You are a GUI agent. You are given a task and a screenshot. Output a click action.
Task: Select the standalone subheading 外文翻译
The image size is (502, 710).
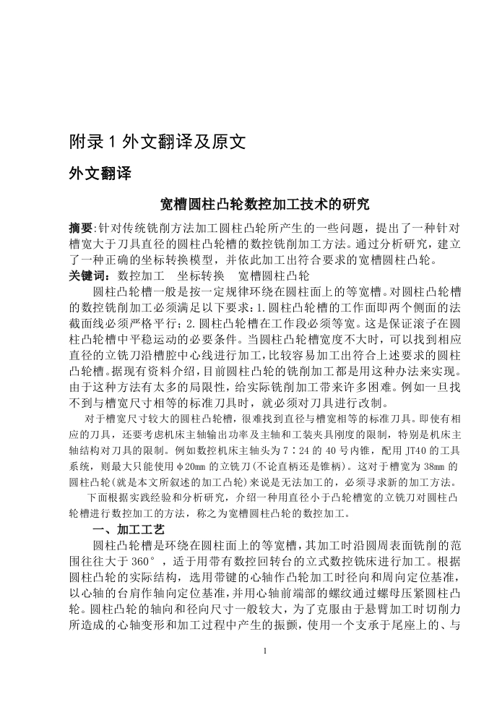(100, 174)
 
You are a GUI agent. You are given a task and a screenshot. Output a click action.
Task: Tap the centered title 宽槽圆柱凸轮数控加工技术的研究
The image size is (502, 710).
(264, 205)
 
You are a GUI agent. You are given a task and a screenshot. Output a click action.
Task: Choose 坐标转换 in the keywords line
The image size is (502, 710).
(202, 276)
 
